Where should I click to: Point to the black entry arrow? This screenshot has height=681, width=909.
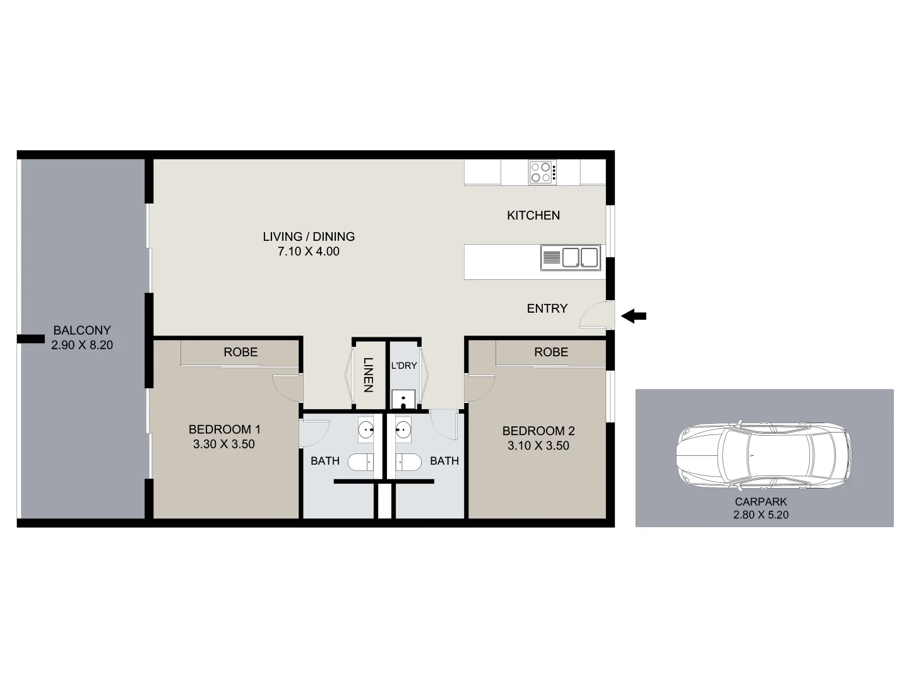click(x=634, y=316)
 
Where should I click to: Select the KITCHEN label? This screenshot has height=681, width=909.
click(x=533, y=215)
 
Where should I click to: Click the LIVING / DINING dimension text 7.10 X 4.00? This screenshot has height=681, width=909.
click(x=309, y=251)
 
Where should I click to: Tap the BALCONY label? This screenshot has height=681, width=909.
click(x=82, y=330)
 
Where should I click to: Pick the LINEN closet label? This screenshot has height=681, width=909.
click(x=368, y=375)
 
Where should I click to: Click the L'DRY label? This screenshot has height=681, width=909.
click(x=404, y=366)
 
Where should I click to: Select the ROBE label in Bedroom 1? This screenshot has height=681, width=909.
click(x=241, y=352)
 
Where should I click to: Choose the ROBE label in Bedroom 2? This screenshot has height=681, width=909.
click(x=551, y=352)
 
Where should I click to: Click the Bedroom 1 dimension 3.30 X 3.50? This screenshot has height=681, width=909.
click(x=224, y=444)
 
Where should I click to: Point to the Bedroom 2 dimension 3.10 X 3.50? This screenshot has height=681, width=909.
click(x=538, y=445)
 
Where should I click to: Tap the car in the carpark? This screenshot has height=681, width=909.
click(x=763, y=454)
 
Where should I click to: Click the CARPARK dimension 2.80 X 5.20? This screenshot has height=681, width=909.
click(x=761, y=515)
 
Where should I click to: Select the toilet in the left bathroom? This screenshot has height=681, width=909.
click(x=361, y=462)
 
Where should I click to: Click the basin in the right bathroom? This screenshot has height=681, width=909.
click(x=403, y=430)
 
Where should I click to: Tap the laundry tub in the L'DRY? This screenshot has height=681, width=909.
click(x=403, y=399)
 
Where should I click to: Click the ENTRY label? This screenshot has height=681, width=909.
click(x=547, y=308)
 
